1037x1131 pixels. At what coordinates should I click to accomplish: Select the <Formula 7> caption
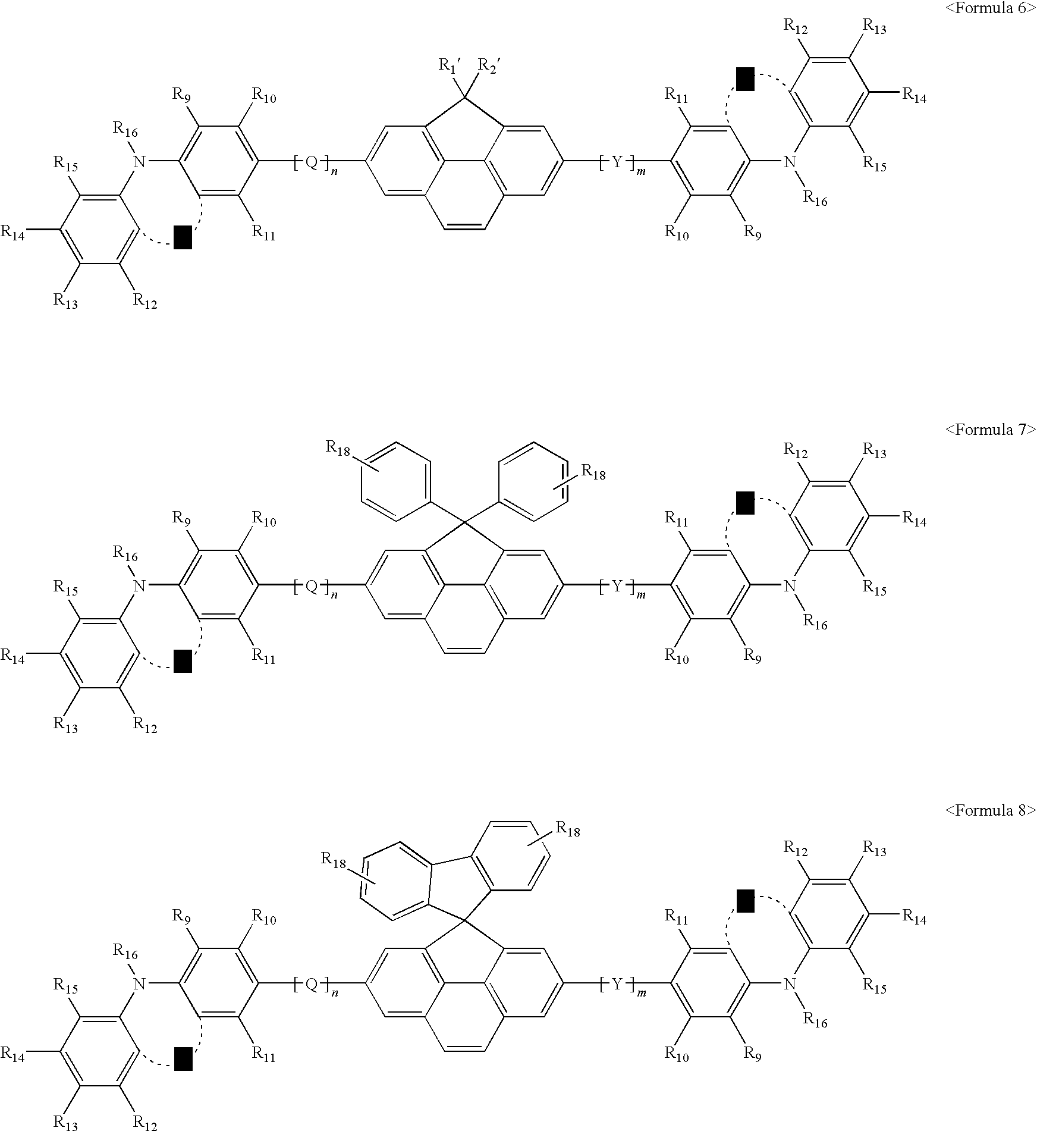pos(991,430)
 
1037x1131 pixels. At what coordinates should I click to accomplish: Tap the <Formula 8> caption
pos(991,810)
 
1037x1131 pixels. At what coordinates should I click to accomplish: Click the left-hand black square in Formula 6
pos(183,237)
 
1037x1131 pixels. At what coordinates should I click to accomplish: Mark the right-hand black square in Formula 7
pos(745,503)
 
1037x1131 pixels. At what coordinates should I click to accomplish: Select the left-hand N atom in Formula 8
pos(139,984)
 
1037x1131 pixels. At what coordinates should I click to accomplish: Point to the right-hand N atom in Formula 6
pos(789,161)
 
